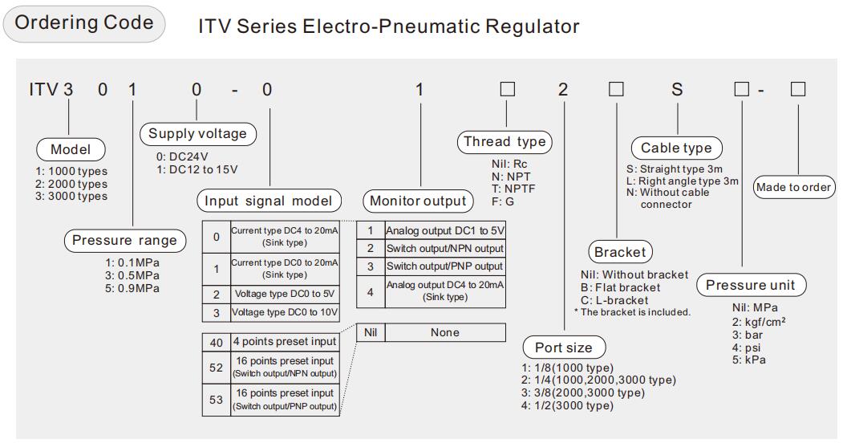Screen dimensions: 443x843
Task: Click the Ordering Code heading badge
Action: pos(84,23)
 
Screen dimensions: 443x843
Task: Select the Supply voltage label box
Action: pos(197,134)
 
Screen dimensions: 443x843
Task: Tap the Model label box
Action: pos(71,149)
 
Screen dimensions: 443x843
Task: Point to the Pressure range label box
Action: pos(124,241)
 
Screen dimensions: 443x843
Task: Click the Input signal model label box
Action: pos(269,201)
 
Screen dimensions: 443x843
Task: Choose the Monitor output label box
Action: pos(416,201)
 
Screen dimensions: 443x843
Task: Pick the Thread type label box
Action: pos(505,142)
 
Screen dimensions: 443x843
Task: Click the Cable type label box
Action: pos(676,148)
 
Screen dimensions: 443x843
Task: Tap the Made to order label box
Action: pos(793,187)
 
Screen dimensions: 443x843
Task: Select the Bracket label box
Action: pos(619,252)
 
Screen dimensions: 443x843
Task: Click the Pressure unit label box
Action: pos(751,285)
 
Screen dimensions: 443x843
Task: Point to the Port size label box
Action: pos(563,347)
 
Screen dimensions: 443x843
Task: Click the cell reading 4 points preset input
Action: pos(284,342)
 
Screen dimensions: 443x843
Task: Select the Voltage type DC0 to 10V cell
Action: pos(284,313)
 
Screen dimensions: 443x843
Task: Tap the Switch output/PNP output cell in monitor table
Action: pos(445,266)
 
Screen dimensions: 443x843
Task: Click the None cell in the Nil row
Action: pos(445,332)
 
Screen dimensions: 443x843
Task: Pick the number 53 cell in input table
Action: pos(217,400)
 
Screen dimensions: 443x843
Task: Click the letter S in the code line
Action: pos(677,89)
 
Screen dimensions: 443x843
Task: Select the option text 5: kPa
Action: pos(749,360)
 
